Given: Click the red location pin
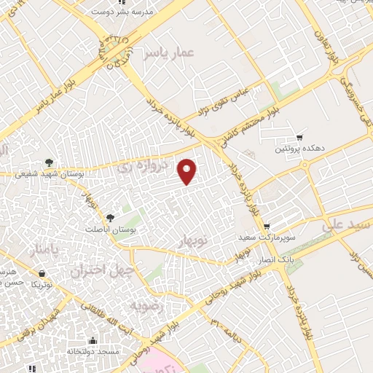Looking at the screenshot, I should [x=188, y=170].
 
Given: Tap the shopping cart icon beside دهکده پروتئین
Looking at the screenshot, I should [x=299, y=138].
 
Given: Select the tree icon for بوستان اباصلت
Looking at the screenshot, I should [x=111, y=217].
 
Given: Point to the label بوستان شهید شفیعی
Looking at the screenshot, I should [x=48, y=174].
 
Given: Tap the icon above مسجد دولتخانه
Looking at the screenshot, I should [x=93, y=340].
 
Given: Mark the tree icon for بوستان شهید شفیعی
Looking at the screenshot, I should [x=49, y=162].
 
